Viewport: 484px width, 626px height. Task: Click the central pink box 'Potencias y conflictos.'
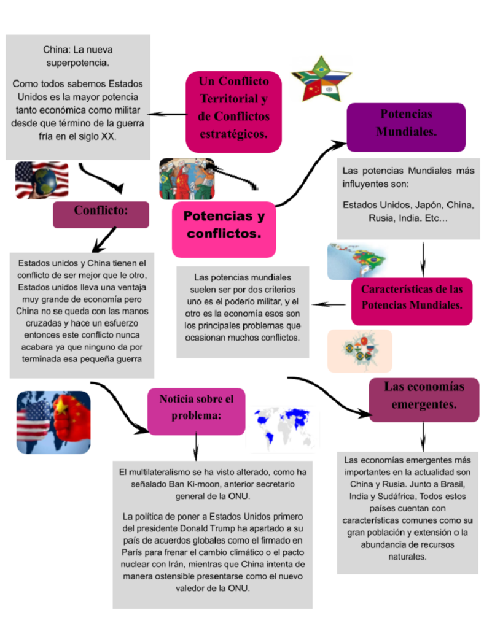pyautogui.click(x=224, y=225)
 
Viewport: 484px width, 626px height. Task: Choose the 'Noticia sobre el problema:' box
pyautogui.click(x=196, y=410)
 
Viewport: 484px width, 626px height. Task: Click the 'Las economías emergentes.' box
pyautogui.click(x=424, y=399)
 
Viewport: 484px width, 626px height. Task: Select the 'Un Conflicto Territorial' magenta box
pyautogui.click(x=233, y=107)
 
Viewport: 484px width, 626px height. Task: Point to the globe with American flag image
pyautogui.click(x=42, y=180)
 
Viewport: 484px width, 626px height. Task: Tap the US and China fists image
pyautogui.click(x=53, y=422)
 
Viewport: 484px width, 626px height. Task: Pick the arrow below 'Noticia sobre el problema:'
pyautogui.click(x=195, y=446)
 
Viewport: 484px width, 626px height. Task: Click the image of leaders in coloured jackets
pyautogui.click(x=187, y=179)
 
